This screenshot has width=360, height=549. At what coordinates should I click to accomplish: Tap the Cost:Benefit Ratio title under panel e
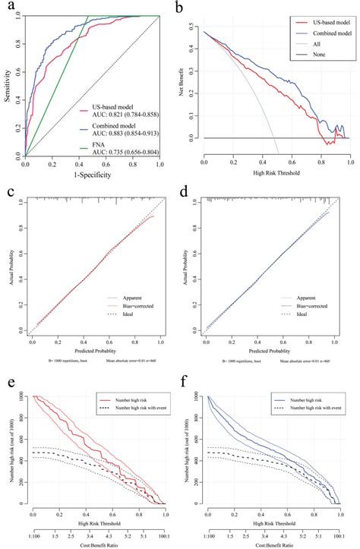(x=99, y=544)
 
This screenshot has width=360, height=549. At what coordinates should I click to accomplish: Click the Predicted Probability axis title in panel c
(x=99, y=352)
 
